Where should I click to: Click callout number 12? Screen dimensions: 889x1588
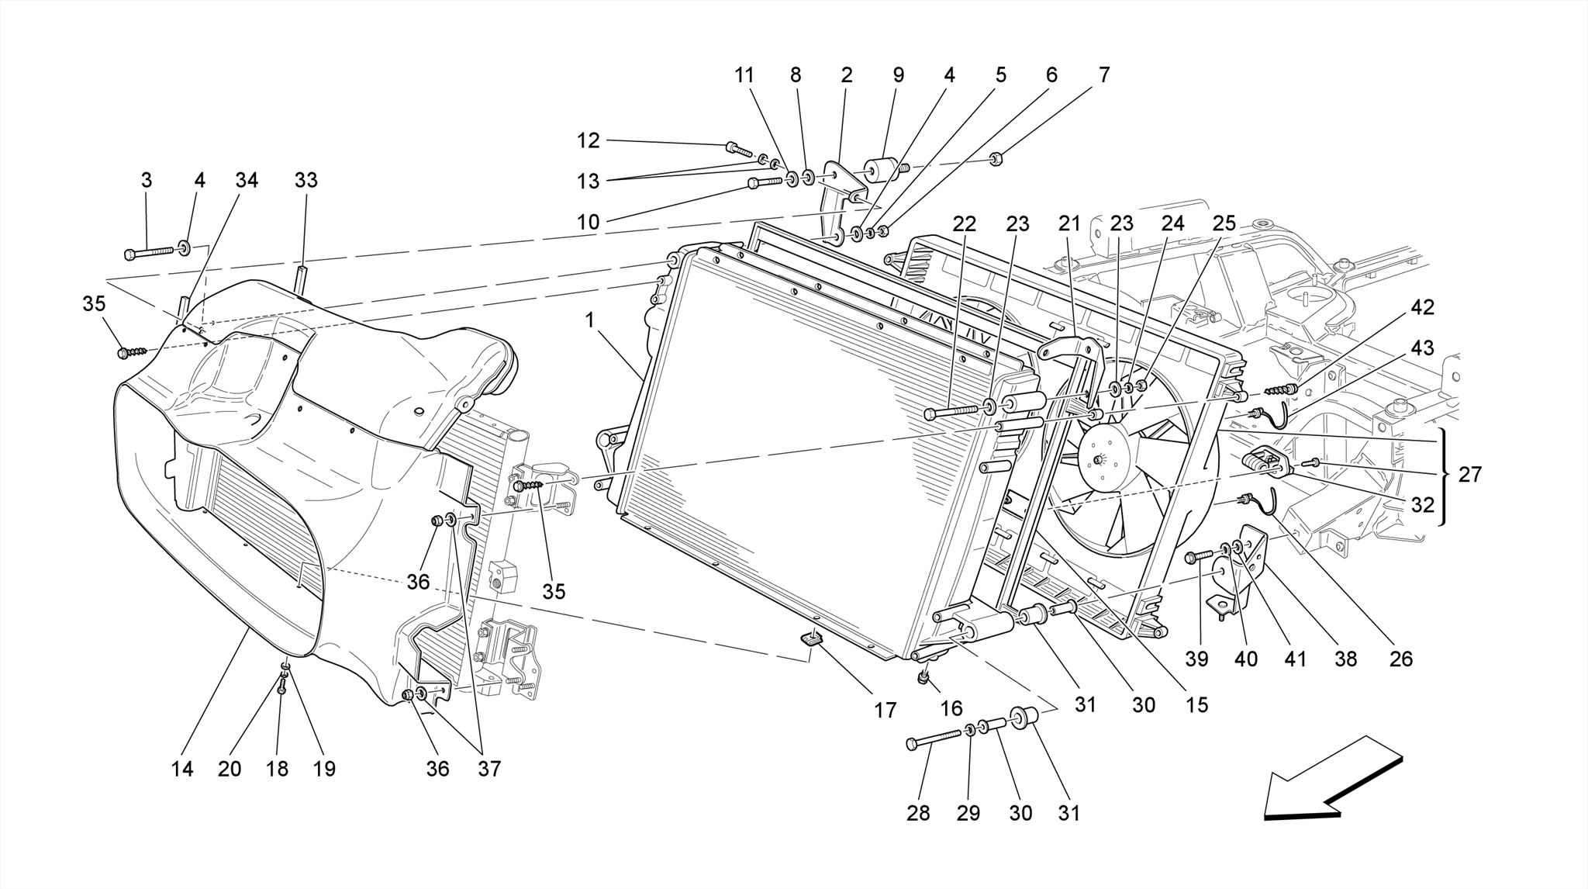(x=589, y=140)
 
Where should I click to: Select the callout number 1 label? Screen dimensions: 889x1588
(x=590, y=320)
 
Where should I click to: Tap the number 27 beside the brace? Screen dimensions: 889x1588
(x=1470, y=475)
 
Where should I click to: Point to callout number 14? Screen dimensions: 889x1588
(x=182, y=769)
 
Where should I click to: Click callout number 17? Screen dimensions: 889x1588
(x=885, y=710)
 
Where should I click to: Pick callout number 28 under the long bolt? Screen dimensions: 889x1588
(x=918, y=813)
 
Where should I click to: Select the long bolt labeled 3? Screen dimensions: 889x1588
(x=151, y=252)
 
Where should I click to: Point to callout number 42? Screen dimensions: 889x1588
(x=1422, y=307)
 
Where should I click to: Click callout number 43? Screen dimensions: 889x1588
(x=1422, y=348)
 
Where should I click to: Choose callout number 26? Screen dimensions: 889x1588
(x=1401, y=659)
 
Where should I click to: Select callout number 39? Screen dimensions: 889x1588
(x=1196, y=659)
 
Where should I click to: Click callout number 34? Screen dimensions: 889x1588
(x=247, y=180)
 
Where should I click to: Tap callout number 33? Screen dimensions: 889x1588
(x=306, y=180)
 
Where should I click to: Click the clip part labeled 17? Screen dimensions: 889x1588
(x=812, y=638)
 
